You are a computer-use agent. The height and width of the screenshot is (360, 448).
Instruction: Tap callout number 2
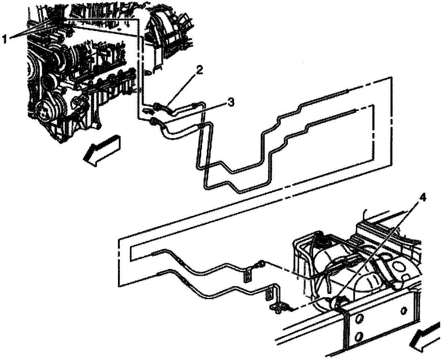click(199, 70)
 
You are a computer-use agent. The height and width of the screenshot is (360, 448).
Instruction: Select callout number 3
click(230, 102)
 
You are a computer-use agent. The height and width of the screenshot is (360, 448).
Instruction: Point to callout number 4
click(422, 197)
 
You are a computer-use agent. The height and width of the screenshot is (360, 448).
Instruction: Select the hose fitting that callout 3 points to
click(154, 120)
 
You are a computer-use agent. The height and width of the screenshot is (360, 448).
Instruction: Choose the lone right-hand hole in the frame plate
click(404, 311)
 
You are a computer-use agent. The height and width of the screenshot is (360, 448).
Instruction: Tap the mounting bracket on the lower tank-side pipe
click(270, 294)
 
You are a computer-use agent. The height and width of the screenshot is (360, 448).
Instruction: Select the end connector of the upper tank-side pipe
click(260, 264)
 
